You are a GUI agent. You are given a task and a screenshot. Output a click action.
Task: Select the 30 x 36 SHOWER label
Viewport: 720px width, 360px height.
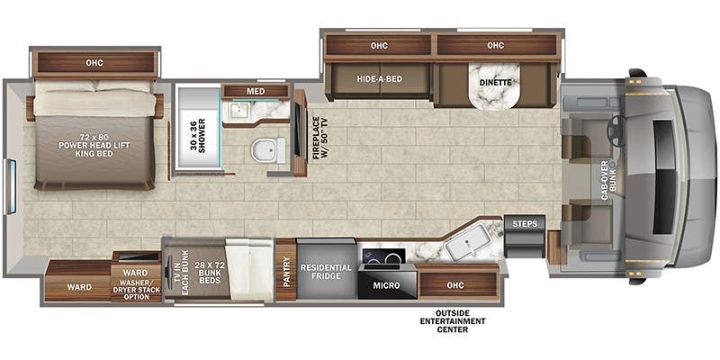198,134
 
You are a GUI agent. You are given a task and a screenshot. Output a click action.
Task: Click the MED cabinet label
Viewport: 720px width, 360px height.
256,92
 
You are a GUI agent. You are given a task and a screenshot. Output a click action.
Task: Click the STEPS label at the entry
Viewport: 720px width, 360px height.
525,224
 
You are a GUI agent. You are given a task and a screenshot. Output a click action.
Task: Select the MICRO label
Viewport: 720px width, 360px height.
386,285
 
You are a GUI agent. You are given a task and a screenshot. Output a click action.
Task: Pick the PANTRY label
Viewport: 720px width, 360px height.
285,271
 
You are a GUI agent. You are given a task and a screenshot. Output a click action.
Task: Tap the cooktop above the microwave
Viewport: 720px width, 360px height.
383,256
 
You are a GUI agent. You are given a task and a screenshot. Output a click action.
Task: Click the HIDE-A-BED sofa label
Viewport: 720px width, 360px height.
379,79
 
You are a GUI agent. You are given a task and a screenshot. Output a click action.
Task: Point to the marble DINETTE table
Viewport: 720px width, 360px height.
494,86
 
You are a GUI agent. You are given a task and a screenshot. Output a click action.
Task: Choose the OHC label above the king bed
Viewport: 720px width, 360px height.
94,62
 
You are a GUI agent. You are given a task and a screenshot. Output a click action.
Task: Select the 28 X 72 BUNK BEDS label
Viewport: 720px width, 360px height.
206,274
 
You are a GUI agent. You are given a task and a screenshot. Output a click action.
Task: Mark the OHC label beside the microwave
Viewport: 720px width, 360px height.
458,285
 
